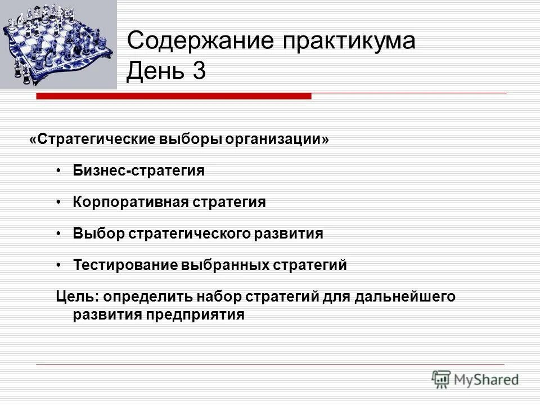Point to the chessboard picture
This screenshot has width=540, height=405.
[58, 44]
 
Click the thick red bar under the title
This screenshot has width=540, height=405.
[174, 97]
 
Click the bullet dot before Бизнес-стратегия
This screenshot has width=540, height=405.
[60, 171]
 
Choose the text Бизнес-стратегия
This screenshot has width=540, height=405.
[138, 171]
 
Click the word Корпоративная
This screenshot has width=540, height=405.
[129, 202]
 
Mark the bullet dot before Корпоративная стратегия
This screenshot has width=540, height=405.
[60, 202]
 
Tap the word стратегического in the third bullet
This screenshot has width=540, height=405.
[191, 234]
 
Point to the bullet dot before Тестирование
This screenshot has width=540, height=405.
[60, 265]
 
